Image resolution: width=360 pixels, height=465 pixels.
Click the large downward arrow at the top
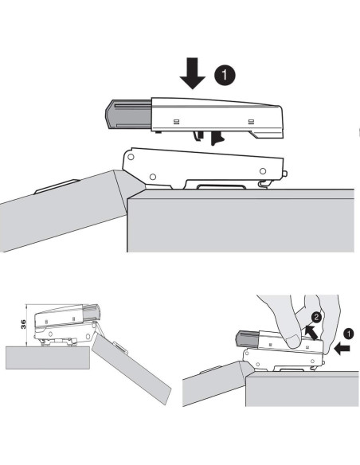click(193, 73)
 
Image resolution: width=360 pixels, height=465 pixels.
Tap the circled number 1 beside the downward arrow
click(225, 75)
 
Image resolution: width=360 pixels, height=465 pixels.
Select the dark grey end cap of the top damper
click(128, 115)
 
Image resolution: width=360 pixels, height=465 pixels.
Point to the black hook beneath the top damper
click(217, 139)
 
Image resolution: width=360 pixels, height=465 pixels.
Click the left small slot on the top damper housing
click(176, 121)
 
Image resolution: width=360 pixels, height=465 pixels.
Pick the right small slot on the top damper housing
click(251, 121)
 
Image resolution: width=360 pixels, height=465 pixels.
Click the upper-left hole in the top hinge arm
click(131, 157)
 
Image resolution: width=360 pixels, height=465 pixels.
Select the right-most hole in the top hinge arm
click(263, 171)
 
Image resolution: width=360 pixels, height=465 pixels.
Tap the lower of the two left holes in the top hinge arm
click(153, 177)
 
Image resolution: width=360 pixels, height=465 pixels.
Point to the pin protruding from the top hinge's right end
click(285, 174)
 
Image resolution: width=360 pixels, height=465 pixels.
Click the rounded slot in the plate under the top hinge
click(221, 187)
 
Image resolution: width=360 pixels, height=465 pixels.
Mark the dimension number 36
click(23, 324)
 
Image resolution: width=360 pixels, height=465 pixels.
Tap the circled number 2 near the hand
click(316, 318)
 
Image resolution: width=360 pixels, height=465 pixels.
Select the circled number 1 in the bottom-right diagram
click(348, 334)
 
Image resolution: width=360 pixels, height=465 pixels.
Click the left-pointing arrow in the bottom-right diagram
click(342, 350)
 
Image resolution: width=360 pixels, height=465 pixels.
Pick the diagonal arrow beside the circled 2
click(311, 333)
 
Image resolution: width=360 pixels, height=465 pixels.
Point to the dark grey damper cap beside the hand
click(248, 340)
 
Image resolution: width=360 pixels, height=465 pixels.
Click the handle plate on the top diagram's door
click(57, 186)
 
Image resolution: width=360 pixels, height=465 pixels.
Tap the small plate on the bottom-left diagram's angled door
click(121, 348)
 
